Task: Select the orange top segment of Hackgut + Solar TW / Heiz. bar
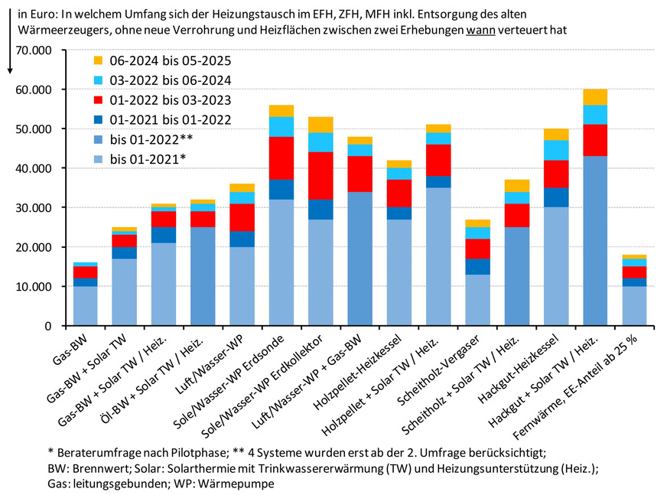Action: (x=595, y=97)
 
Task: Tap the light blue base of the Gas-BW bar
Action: (x=86, y=306)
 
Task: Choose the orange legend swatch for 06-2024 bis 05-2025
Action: (x=98, y=60)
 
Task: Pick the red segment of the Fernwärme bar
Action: (x=634, y=272)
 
